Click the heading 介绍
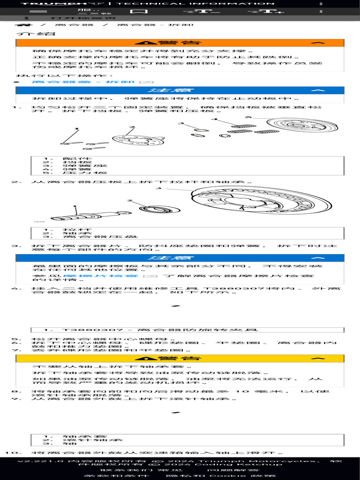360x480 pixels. (29, 34)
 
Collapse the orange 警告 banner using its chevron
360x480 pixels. (318, 43)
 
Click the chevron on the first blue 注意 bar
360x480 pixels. (318, 90)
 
